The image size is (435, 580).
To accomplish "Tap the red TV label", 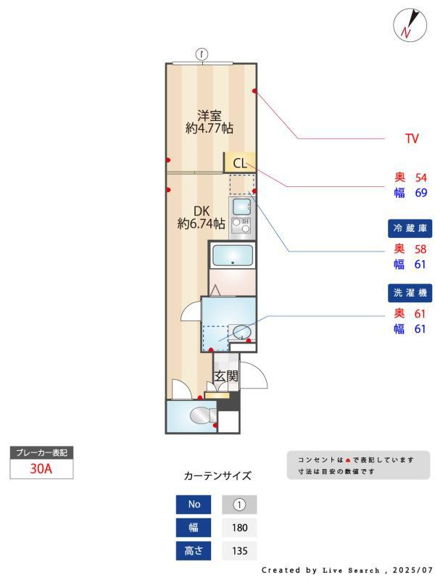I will (412, 138).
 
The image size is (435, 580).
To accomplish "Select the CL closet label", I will (240, 162).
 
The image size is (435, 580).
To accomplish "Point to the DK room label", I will (201, 211).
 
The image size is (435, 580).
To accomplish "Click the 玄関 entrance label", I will (226, 376).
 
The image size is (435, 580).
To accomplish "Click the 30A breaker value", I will (41, 468).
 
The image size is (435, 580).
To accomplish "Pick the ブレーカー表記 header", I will (41, 453).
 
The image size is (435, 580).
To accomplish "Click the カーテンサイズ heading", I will (217, 476).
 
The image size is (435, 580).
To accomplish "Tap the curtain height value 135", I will (240, 550).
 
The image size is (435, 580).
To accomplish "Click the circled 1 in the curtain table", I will (240, 505).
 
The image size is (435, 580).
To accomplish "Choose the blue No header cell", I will (194, 505).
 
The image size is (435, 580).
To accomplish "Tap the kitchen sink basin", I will (241, 207).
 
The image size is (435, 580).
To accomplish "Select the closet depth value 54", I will (420, 178).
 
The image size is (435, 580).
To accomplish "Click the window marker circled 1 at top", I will (203, 53).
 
